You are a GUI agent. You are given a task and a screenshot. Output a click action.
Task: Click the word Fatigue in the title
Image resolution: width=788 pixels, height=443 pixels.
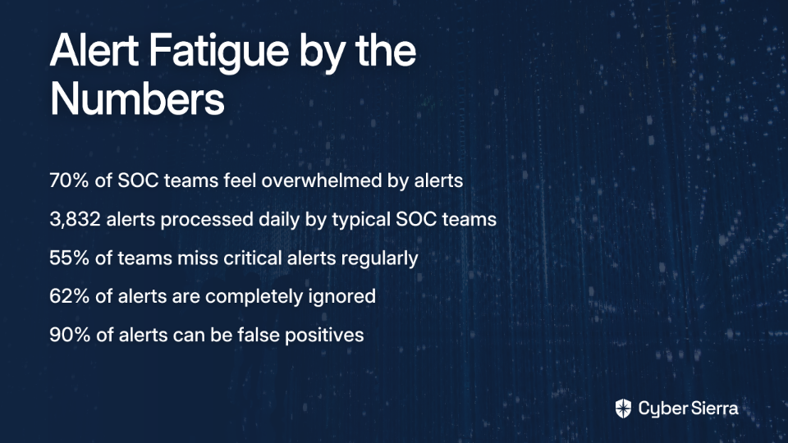point(218,53)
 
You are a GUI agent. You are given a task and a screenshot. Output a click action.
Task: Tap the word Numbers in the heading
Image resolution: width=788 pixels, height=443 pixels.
point(137,98)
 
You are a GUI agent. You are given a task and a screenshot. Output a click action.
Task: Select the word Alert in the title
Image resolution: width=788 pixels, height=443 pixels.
point(94,50)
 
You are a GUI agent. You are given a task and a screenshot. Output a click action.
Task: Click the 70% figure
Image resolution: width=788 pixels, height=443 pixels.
point(69,180)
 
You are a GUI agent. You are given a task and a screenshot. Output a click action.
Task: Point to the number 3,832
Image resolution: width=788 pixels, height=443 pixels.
point(75,220)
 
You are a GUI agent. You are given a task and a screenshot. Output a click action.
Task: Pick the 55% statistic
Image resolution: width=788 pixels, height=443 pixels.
point(69,258)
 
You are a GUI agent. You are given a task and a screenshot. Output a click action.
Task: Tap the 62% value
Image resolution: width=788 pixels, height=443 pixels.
point(69,296)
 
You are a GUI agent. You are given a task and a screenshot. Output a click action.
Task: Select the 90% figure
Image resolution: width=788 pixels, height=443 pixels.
point(69,335)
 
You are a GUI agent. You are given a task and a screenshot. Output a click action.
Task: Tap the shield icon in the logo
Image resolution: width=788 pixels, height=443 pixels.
point(623,409)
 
